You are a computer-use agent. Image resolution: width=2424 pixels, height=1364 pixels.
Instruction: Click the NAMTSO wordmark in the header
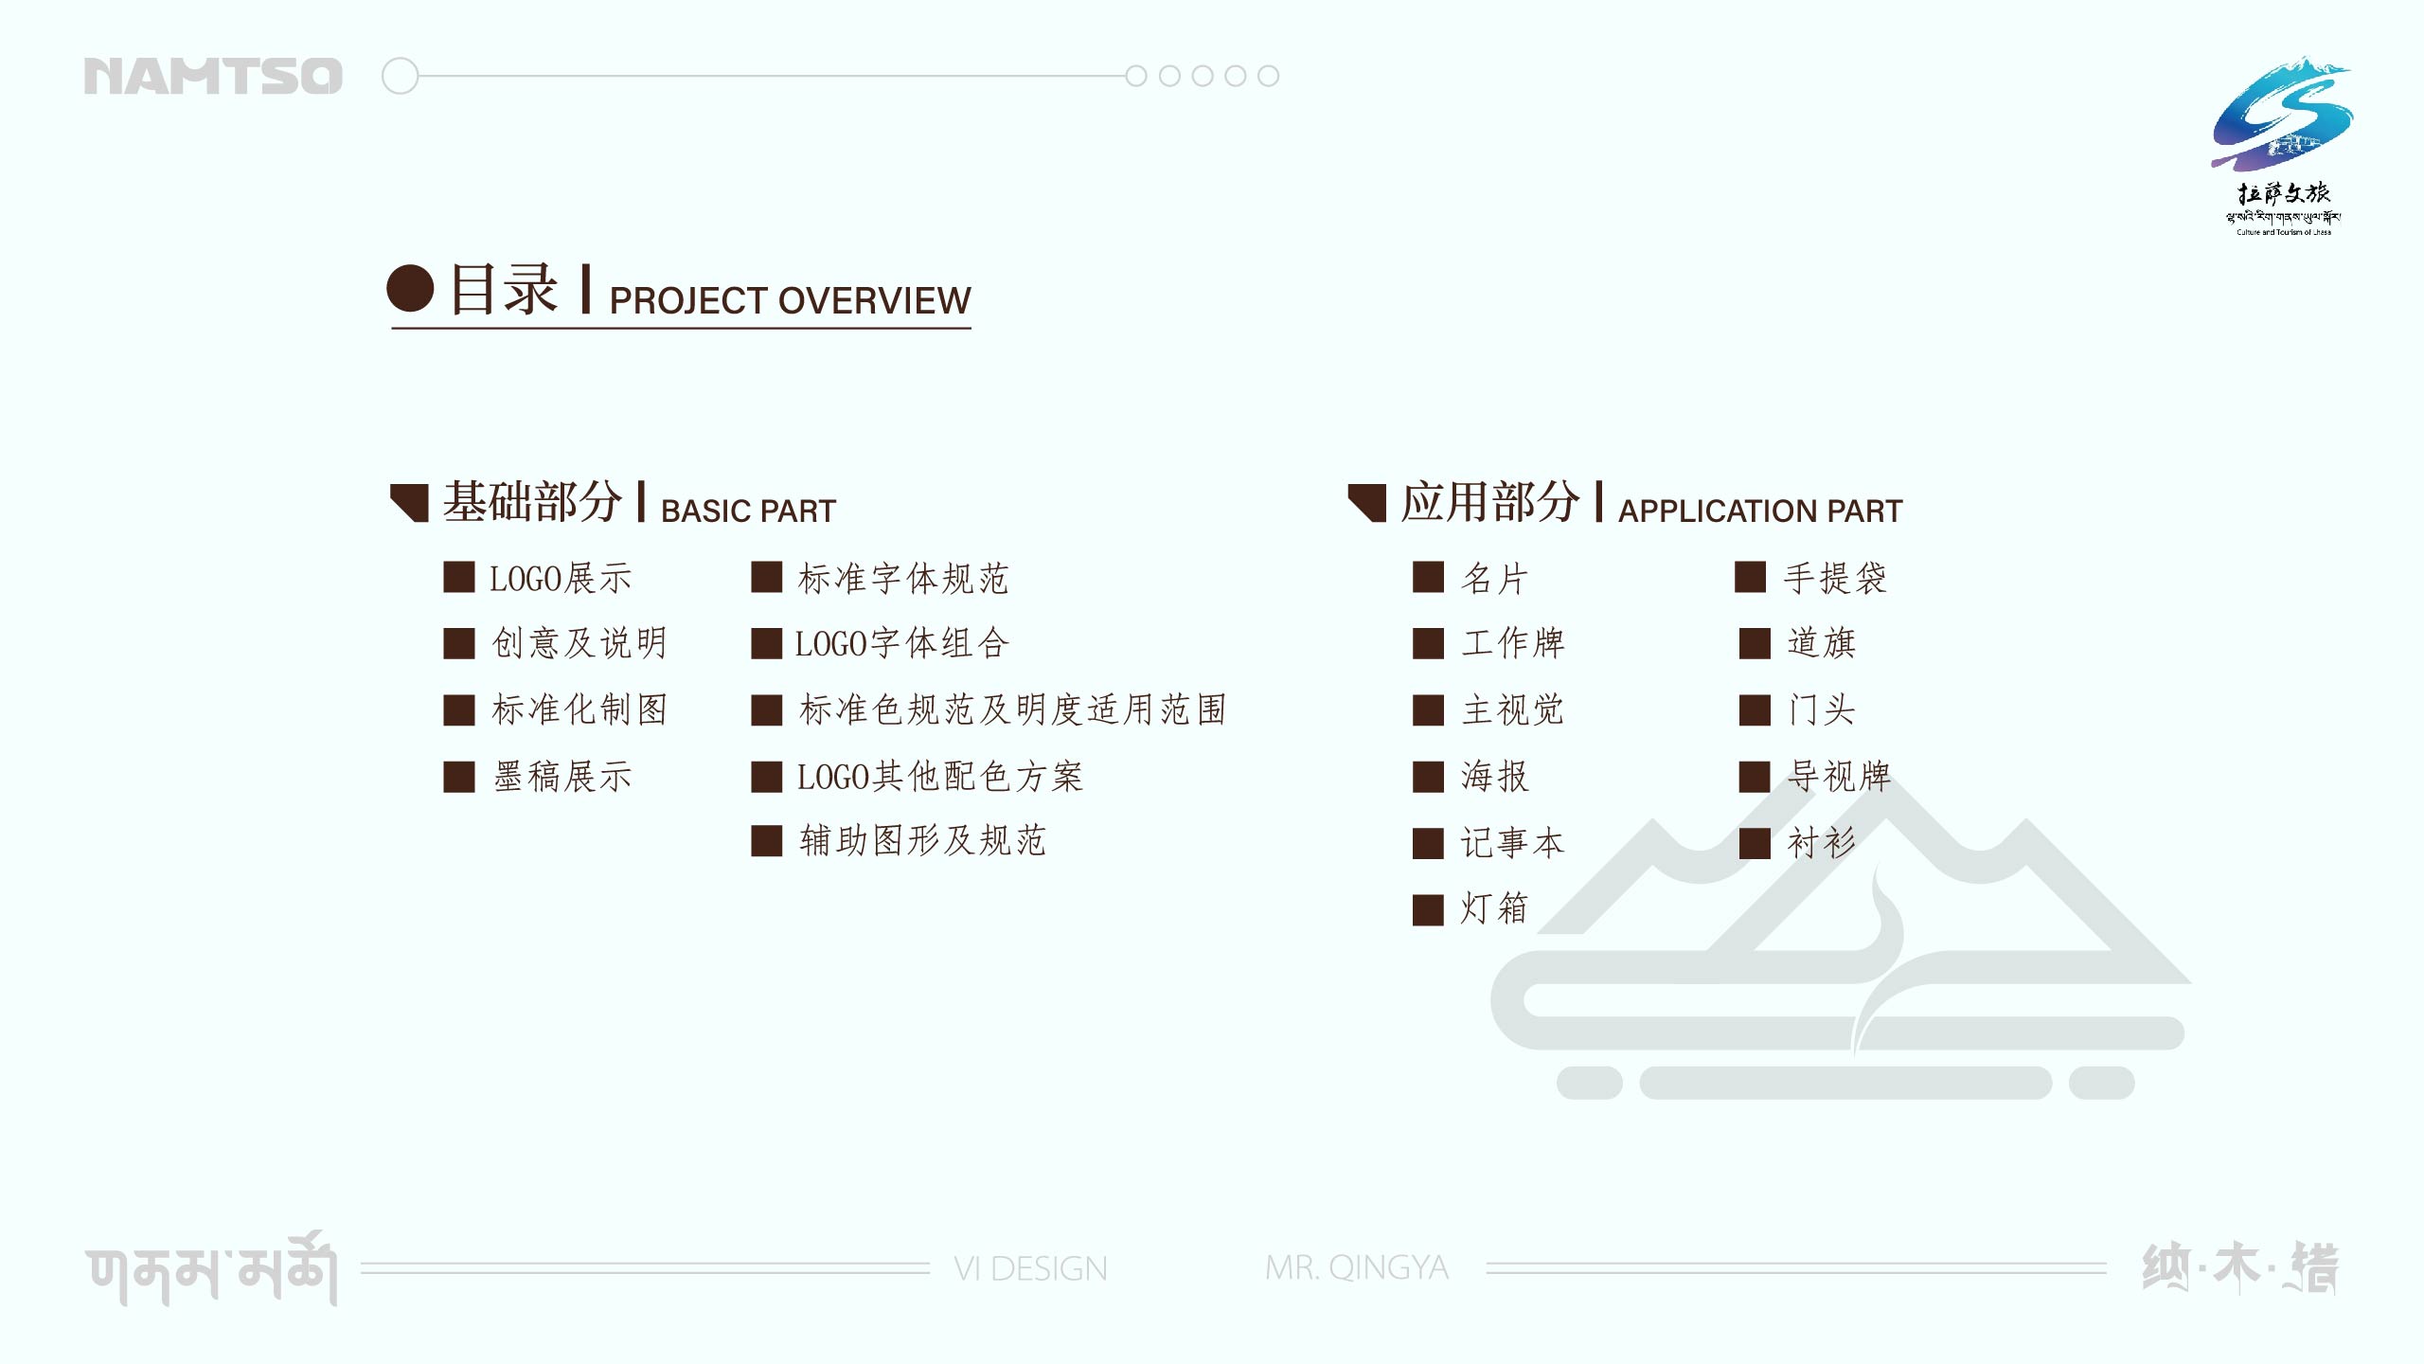(213, 76)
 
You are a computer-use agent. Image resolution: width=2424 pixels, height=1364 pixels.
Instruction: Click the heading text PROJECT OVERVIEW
(790, 301)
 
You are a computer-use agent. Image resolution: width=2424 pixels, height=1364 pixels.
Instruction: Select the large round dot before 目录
(411, 288)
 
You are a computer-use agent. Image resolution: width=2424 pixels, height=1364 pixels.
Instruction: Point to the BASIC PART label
(748, 511)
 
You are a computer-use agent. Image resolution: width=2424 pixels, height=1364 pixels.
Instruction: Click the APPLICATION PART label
(1760, 511)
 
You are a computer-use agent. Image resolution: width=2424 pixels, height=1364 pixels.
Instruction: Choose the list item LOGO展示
(560, 579)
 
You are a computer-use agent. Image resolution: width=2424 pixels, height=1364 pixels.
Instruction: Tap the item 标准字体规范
(903, 579)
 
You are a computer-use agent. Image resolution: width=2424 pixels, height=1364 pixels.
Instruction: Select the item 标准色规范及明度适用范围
(1012, 709)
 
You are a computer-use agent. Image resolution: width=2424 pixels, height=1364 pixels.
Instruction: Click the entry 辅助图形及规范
(922, 840)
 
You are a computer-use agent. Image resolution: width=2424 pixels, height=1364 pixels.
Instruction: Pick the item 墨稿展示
(562, 777)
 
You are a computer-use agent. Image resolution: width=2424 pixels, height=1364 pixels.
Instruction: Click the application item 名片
(1494, 579)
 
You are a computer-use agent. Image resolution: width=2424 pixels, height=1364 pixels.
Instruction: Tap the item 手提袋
(1835, 579)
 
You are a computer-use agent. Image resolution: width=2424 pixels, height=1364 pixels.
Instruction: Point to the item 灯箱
(1494, 907)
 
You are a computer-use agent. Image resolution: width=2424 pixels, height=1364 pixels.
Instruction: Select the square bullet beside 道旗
(1755, 643)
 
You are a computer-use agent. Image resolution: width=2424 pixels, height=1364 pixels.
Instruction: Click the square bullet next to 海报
(1428, 777)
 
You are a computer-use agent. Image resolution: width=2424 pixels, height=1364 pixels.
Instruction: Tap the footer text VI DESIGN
(1030, 1268)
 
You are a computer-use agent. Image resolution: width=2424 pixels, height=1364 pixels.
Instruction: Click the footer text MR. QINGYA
(1357, 1267)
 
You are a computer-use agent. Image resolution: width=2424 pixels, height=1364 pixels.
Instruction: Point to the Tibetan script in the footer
(211, 1269)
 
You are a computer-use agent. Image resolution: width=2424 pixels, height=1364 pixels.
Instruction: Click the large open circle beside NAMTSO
(400, 76)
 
